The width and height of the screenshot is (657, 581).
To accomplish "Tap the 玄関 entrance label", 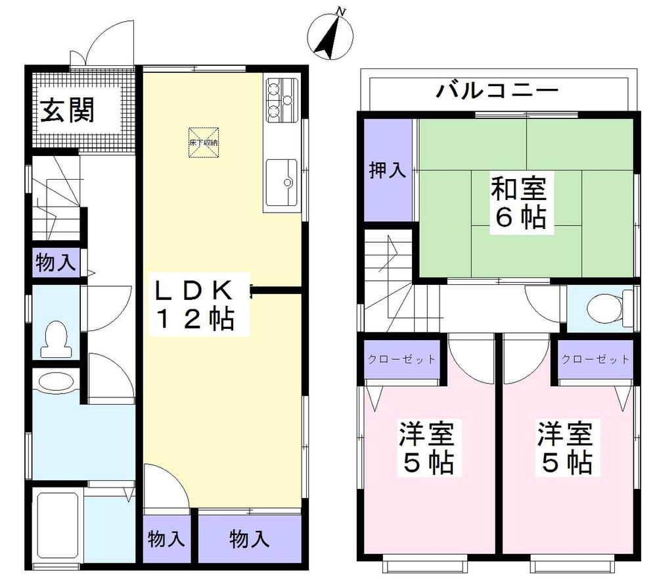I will (68, 110).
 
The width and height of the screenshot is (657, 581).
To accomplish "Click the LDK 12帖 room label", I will (194, 305).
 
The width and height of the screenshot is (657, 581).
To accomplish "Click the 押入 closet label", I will (386, 171).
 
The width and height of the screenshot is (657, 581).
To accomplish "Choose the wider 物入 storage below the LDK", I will (249, 540).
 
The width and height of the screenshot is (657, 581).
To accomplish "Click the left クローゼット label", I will (400, 359).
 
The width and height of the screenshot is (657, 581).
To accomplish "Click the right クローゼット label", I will (595, 359).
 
